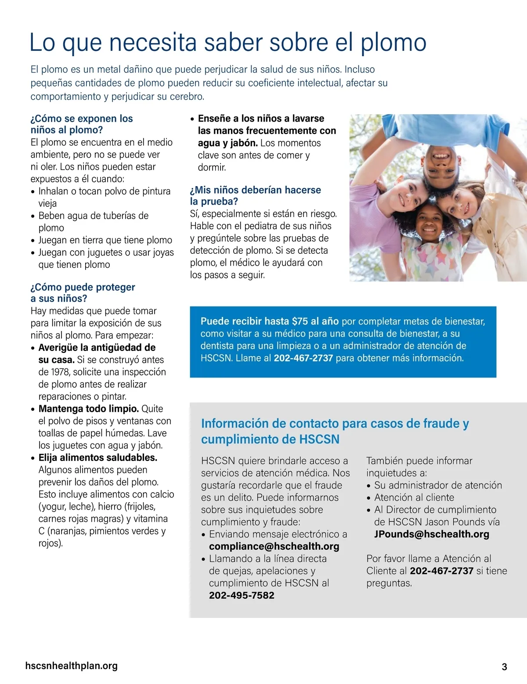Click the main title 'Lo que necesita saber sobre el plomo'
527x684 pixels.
pos(227,43)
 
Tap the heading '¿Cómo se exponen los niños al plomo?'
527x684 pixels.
pos(82,124)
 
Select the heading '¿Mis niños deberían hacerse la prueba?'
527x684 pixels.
pos(255,196)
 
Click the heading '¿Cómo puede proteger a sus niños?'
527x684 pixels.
pos(83,293)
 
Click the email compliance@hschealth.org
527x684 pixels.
pos(274,547)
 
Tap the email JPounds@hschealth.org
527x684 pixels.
pos(431,534)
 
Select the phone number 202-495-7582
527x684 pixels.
pos(242,596)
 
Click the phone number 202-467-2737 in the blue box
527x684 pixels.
pos(303,358)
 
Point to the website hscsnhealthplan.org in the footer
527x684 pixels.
pos(72,666)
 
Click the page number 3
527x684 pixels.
pos(504,667)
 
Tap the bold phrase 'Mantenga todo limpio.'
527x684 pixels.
pos(88,409)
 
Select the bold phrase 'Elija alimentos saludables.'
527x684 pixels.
pos(97,458)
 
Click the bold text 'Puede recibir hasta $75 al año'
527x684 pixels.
pos(269,321)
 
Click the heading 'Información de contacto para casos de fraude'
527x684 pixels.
pos(335,424)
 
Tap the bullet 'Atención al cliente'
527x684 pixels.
pos(414,497)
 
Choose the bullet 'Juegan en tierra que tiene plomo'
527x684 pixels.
pos(105,240)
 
